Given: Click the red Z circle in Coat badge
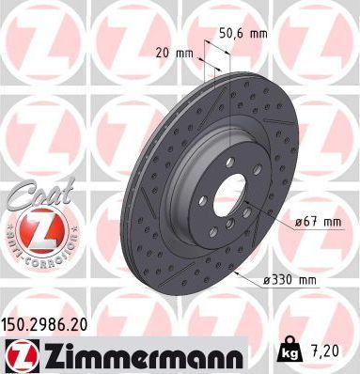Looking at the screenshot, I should pyautogui.click(x=36, y=229).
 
